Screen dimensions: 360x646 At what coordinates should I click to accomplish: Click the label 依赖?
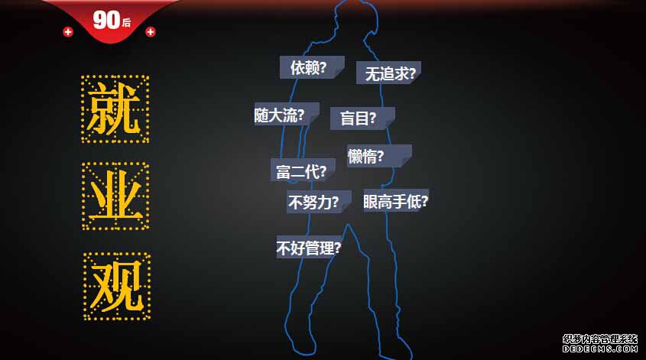[309, 67]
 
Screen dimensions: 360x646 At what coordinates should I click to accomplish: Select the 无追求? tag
[389, 73]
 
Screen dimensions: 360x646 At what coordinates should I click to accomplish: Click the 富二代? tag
[301, 171]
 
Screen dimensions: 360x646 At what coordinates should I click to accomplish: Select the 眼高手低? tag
[395, 201]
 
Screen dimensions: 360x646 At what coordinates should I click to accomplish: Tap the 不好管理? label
[308, 248]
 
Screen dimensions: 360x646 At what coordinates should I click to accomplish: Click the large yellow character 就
[115, 109]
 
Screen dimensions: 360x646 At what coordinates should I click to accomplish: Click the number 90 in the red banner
[106, 21]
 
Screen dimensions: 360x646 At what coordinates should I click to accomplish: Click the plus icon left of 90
[68, 31]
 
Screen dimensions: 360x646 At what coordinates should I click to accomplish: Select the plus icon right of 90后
[150, 31]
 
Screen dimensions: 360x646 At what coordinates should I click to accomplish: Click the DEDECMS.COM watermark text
[600, 348]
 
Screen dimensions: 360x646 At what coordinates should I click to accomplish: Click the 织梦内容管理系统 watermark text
[600, 339]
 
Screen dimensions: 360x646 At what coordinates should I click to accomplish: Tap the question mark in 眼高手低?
[424, 201]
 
